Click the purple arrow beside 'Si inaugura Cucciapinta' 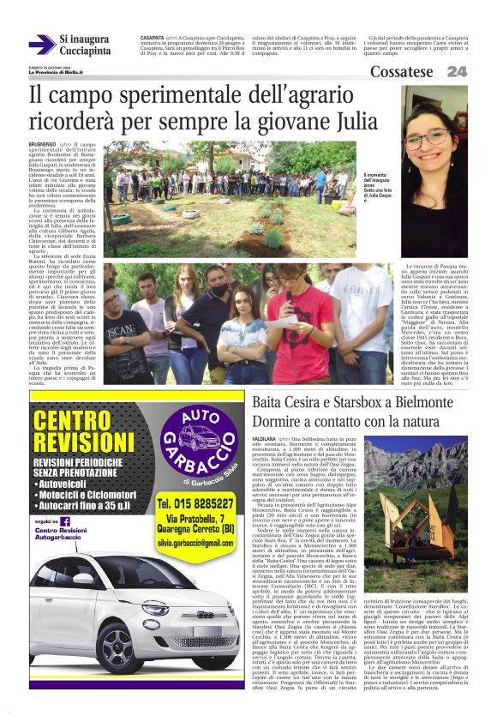(41, 45)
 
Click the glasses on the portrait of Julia (436, 138)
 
